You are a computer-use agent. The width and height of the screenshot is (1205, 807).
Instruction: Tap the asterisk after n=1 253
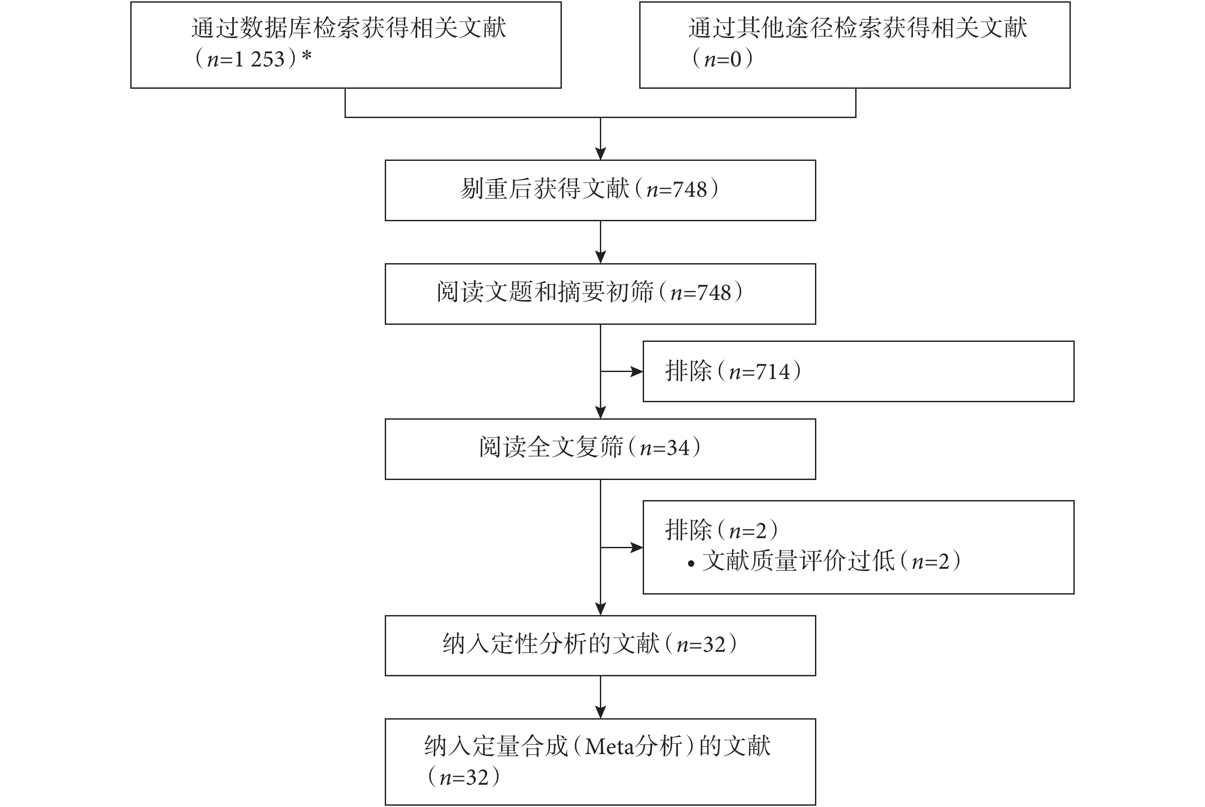click(x=307, y=56)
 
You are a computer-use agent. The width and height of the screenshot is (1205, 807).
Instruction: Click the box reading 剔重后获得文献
click(x=600, y=191)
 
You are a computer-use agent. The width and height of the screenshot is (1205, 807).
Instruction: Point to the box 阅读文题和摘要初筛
click(x=600, y=294)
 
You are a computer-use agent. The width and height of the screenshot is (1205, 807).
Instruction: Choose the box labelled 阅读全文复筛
click(x=600, y=449)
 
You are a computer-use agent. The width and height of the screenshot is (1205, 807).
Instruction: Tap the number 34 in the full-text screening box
click(x=678, y=448)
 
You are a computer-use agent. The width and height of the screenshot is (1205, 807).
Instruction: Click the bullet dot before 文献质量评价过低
click(x=691, y=564)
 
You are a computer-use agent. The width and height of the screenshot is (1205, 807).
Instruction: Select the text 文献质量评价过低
click(x=798, y=561)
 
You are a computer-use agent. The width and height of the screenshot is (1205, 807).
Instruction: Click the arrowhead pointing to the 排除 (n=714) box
click(x=637, y=371)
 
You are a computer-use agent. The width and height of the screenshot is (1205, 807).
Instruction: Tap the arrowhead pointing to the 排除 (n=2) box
click(x=637, y=548)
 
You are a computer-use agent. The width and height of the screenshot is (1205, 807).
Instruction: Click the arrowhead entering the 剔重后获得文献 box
click(x=600, y=154)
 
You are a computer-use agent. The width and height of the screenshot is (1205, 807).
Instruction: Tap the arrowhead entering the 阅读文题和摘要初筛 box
click(x=600, y=257)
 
